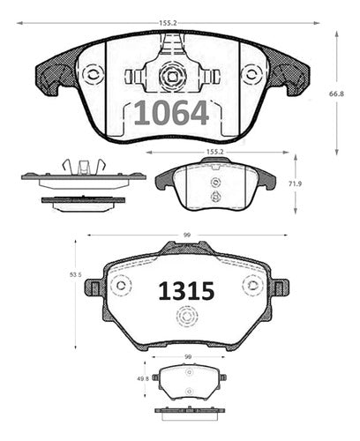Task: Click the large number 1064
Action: click(171, 113)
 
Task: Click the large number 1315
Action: click(186, 291)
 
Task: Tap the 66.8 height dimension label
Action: click(336, 94)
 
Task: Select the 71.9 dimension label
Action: click(295, 184)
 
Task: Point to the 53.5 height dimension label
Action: click(75, 274)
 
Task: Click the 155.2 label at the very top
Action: click(168, 23)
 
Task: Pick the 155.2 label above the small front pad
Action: click(215, 153)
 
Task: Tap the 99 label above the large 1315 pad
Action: click(187, 235)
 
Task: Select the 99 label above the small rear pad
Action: click(188, 357)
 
